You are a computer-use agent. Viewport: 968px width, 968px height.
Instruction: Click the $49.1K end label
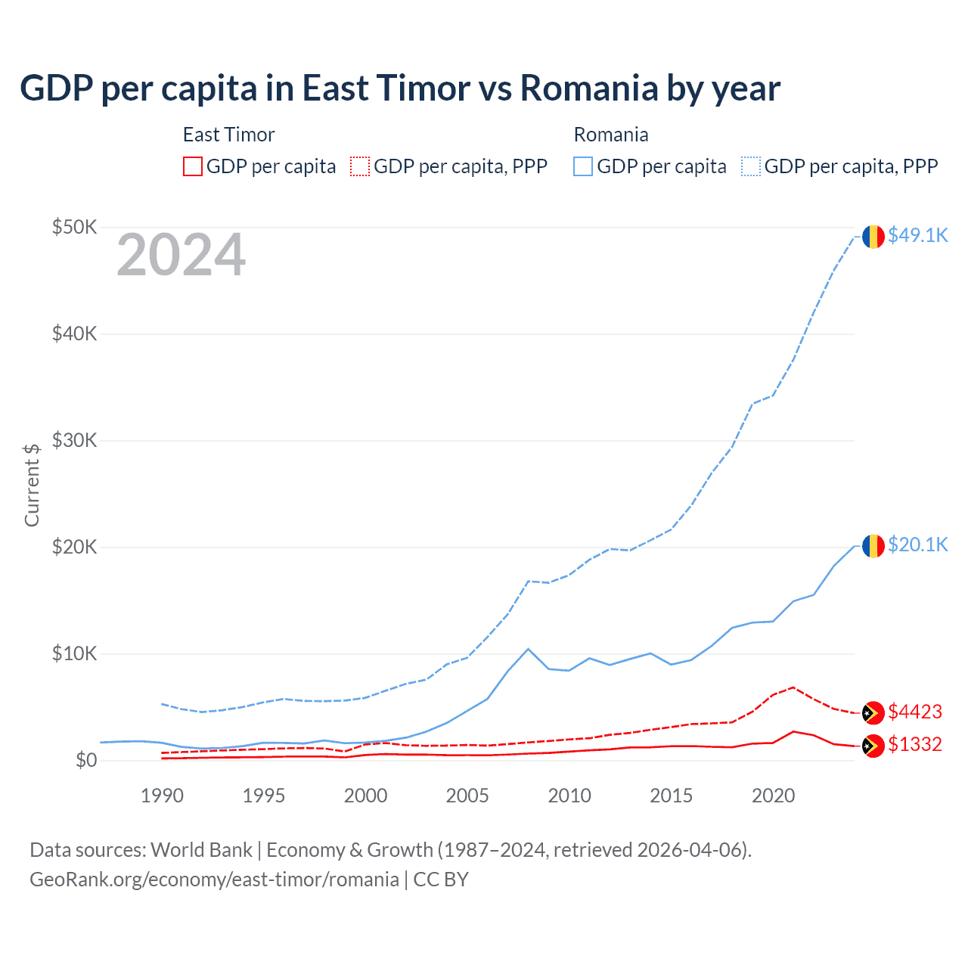point(917,236)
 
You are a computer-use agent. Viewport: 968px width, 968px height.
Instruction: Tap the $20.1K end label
point(917,545)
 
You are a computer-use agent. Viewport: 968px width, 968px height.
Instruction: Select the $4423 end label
point(915,712)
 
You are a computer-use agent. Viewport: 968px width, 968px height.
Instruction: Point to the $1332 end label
point(915,745)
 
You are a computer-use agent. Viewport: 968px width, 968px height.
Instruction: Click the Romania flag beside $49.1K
point(873,237)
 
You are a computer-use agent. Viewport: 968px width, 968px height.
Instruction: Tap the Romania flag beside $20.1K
point(873,546)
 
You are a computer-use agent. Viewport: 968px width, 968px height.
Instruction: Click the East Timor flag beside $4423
point(873,712)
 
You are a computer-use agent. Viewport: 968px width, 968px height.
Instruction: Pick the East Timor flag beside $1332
point(873,746)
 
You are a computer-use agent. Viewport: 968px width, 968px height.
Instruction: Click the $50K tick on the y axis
point(74,227)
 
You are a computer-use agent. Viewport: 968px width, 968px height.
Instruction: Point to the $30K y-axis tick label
point(74,440)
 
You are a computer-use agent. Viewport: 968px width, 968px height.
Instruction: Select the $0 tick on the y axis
point(86,760)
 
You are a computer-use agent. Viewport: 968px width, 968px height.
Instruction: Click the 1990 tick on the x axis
point(162,796)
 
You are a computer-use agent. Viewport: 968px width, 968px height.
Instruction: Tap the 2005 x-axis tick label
point(467,796)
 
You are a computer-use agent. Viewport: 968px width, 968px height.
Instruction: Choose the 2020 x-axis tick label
point(773,796)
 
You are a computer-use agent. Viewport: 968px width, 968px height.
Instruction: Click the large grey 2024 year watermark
point(181,256)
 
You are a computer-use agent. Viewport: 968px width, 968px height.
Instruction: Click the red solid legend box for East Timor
point(193,166)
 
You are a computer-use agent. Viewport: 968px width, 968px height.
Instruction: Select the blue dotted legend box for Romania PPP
point(751,166)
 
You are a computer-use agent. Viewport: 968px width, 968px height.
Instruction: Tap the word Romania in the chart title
point(589,88)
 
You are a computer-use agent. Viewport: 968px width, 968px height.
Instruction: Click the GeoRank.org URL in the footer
point(214,880)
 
